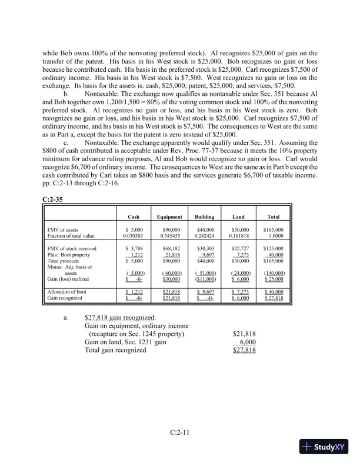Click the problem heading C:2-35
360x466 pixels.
point(54,200)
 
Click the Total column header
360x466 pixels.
point(274,216)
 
